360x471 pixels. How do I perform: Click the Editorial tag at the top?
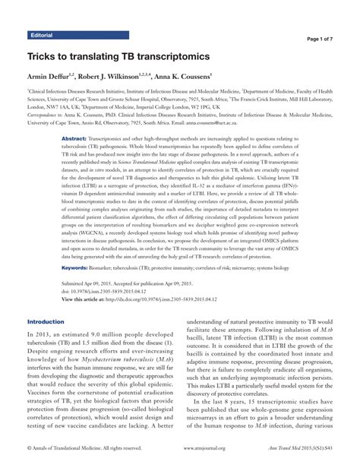[41, 36]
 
